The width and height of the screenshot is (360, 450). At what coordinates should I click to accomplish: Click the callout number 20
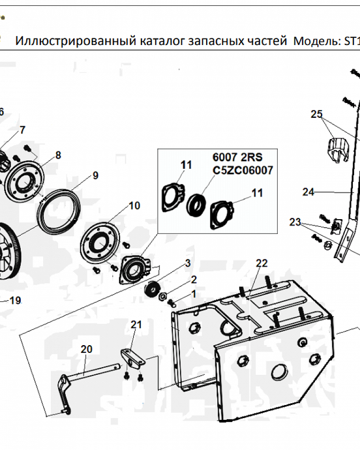pyautogui.click(x=86, y=349)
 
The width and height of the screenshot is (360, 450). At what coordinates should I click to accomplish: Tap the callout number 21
pyautogui.click(x=136, y=324)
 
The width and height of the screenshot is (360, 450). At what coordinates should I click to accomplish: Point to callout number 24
pyautogui.click(x=308, y=192)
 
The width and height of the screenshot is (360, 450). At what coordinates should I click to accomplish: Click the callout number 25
pyautogui.click(x=317, y=114)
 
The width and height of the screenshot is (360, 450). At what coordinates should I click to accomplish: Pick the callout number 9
pyautogui.click(x=95, y=175)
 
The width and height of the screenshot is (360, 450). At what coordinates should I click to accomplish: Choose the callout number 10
pyautogui.click(x=135, y=206)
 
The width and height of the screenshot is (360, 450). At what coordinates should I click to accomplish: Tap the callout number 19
pyautogui.click(x=15, y=300)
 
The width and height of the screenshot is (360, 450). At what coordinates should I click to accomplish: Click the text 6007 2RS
pyautogui.click(x=237, y=158)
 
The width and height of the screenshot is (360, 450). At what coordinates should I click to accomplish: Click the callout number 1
pyautogui.click(x=194, y=294)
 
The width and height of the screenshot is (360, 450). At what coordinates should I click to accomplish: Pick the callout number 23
pyautogui.click(x=295, y=222)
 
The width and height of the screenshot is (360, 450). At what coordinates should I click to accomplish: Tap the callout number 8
pyautogui.click(x=58, y=155)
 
